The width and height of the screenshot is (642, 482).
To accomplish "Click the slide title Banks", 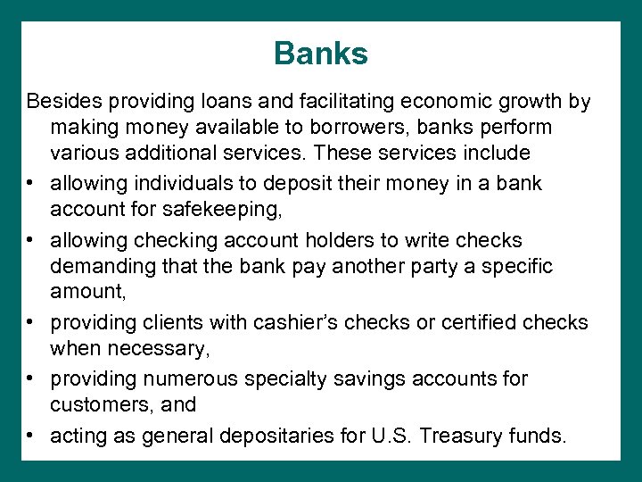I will click(321, 54).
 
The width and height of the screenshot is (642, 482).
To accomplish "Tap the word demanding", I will click(96, 265).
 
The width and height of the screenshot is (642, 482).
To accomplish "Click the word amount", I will click(86, 291).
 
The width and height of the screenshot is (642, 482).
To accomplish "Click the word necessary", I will click(159, 347).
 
